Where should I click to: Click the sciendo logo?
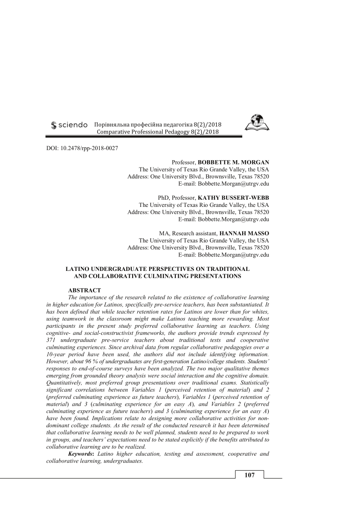[x=69, y=125]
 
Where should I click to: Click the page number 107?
[x=249, y=475]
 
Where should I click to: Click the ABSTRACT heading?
[x=84, y=290]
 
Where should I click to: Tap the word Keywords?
[x=81, y=454]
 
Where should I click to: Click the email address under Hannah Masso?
[x=224, y=255]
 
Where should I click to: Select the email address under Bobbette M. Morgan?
[x=224, y=184]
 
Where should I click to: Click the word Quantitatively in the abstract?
[x=64, y=383]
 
